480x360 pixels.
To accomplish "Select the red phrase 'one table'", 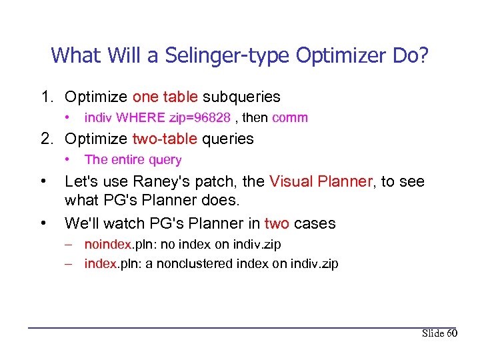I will point(165,97).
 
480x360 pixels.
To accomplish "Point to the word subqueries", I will point(241,97).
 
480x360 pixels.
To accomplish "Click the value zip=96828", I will point(200,118).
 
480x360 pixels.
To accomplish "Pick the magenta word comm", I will point(290,118).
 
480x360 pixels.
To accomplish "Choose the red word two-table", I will point(165,139).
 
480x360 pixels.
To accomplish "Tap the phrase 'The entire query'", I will point(133,159).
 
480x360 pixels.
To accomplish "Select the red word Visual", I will point(290,181).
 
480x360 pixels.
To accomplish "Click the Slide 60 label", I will point(439,333).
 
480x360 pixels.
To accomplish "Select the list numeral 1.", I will point(45,97).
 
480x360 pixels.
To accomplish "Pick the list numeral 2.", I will point(45,139).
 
